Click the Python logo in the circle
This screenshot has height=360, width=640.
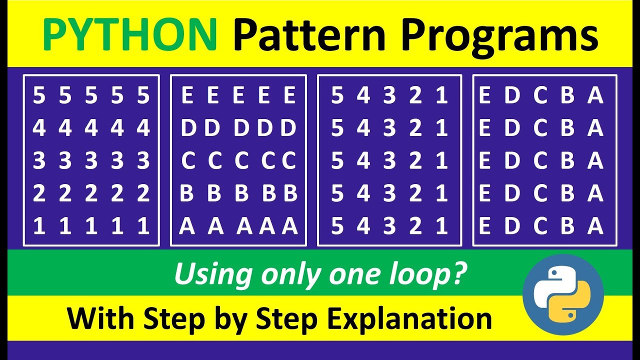[x=563, y=294]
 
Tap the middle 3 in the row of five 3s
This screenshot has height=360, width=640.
[x=91, y=161]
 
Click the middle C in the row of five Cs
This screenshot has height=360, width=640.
[x=241, y=161]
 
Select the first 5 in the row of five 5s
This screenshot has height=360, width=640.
[x=38, y=95]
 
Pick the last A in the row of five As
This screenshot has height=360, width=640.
[x=289, y=226]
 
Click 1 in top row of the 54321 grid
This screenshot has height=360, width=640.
[x=441, y=95]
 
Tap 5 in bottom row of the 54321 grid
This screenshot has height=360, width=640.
[x=337, y=226]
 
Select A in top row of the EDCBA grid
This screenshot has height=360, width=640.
[x=595, y=95]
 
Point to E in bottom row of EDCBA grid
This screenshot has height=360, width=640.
[x=484, y=226]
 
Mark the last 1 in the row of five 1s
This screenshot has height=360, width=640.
[x=143, y=226]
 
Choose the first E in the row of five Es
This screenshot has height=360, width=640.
[x=186, y=95]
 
